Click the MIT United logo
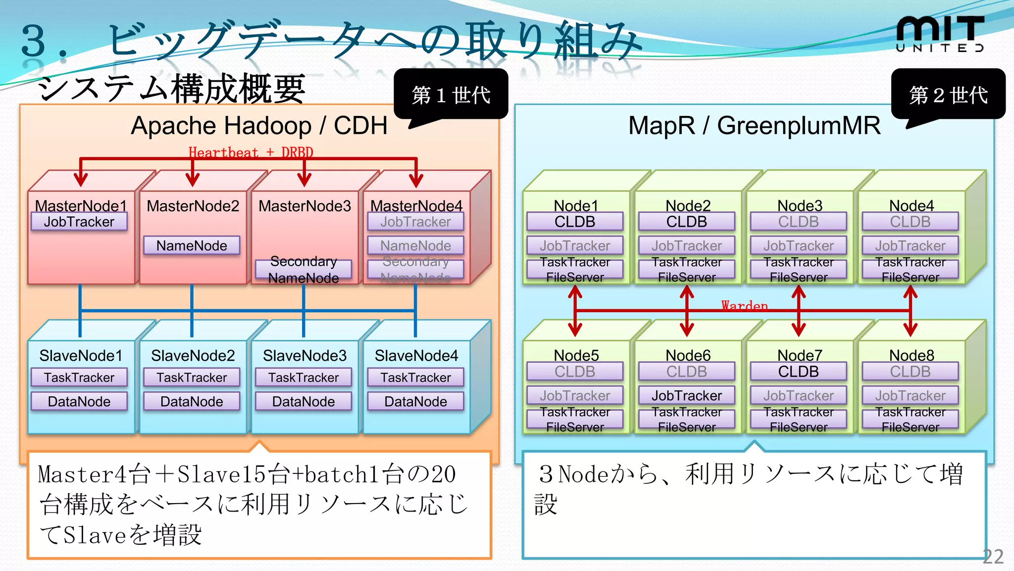pos(940,34)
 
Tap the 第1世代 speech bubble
pos(451,94)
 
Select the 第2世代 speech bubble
pos(948,94)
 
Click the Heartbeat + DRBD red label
pos(251,152)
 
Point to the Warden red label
pos(744,305)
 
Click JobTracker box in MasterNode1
pos(79,222)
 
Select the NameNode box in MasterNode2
pos(192,245)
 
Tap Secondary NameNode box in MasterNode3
pos(304,269)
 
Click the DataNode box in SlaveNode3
pos(304,401)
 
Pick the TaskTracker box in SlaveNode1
pos(79,378)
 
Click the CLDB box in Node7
pos(798,371)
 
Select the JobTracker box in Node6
pos(686,396)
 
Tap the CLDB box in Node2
pos(686,222)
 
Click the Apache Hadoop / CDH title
pos(259,126)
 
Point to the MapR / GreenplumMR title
pos(754,126)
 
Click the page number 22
pos(993,557)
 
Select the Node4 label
pos(911,205)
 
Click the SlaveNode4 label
pos(416,355)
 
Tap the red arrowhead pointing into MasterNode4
pos(416,180)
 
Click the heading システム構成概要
pos(171,89)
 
